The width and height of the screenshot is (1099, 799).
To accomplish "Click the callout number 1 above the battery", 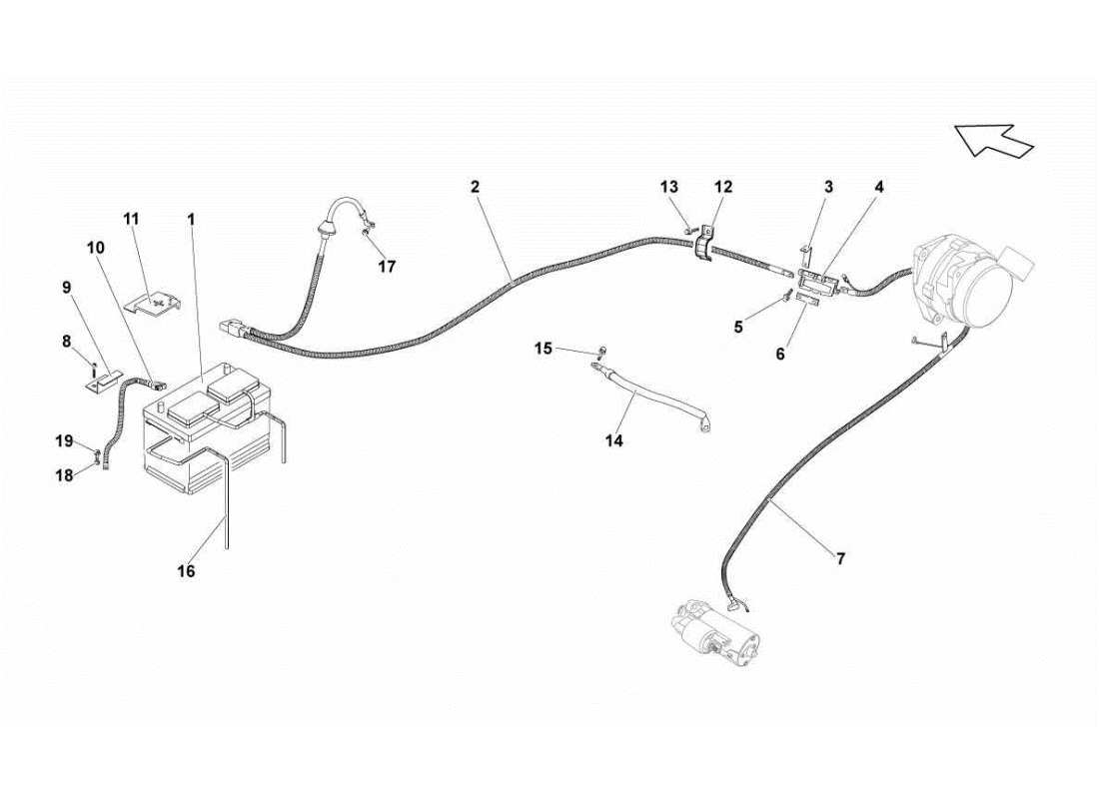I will [191, 218].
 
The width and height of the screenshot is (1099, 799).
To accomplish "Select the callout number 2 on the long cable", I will [475, 187].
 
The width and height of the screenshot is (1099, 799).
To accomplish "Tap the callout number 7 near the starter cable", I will [840, 559].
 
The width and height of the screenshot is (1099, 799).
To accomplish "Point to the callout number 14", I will [613, 440].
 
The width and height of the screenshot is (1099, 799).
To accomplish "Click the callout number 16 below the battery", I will [186, 571].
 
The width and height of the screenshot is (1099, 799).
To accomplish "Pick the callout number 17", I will [387, 267].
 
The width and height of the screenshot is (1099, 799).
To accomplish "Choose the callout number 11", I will [132, 218].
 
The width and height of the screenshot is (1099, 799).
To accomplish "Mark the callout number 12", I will [722, 187].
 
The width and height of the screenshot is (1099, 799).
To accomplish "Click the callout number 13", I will [668, 187].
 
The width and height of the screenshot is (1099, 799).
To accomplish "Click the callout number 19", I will [63, 440].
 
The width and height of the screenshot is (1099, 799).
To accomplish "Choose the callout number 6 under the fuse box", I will [780, 354].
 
